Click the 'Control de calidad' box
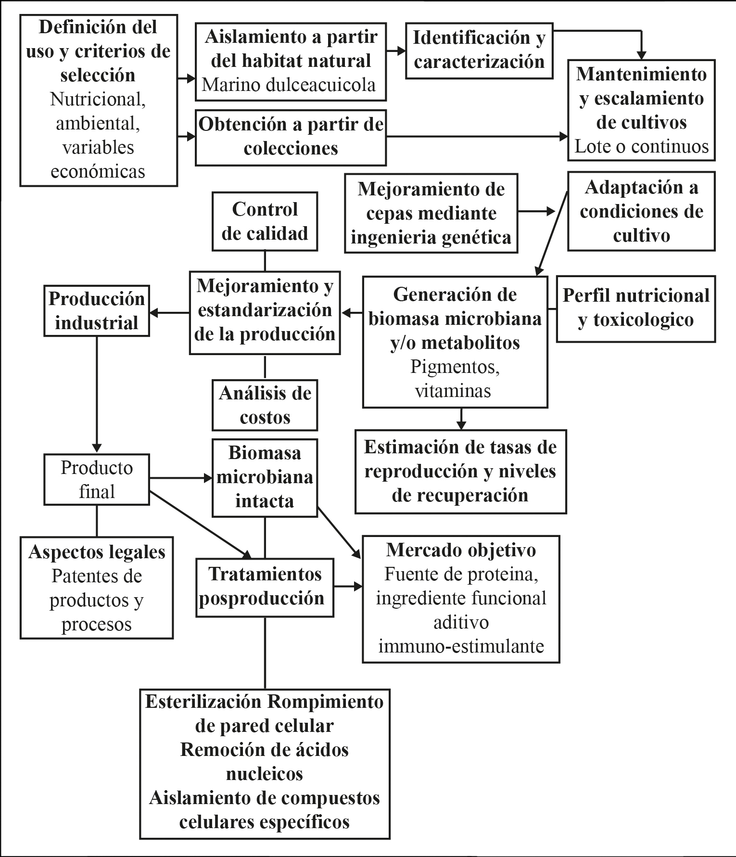click(265, 221)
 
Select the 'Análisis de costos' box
click(265, 405)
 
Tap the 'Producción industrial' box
click(97, 311)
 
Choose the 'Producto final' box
click(97, 479)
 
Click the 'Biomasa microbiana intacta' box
click(265, 477)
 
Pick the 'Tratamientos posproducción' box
click(265, 587)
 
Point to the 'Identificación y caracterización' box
click(479, 50)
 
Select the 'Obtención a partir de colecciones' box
click(291, 137)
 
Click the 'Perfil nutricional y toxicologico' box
click(635, 308)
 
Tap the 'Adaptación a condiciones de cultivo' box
click(641, 211)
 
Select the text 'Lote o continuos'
click(641, 146)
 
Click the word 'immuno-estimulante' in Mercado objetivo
click(461, 646)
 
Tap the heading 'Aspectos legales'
click(97, 552)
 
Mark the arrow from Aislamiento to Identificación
click(396, 51)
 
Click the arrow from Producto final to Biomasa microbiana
click(180, 478)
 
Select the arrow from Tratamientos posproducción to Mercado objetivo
click(348, 587)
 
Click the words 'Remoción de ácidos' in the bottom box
click(265, 749)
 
